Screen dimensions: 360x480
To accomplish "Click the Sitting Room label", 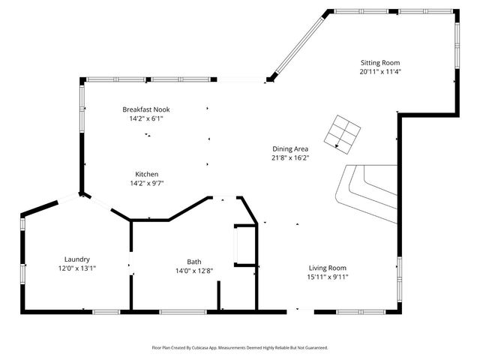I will [x=380, y=63].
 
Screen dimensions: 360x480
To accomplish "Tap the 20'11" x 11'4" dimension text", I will [x=380, y=72].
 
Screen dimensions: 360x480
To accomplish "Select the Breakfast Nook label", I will [x=146, y=109].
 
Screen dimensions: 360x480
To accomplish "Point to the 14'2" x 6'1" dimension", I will [x=146, y=118].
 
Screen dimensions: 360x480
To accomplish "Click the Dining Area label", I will [x=290, y=148].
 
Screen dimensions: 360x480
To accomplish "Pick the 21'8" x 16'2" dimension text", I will [x=290, y=157].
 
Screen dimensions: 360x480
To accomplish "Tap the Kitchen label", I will [x=146, y=174].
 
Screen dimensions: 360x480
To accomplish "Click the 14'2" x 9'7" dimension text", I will [x=146, y=183].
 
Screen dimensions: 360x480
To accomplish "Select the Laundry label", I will [x=77, y=259].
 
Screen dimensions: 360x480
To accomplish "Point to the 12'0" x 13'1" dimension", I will [x=77, y=268].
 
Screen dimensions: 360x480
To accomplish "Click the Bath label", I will [x=194, y=262].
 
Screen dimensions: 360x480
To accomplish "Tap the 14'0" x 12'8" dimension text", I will [x=194, y=271].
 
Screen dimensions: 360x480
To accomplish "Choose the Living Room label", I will [x=328, y=268].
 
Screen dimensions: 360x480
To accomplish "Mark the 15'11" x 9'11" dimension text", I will [x=328, y=277].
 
